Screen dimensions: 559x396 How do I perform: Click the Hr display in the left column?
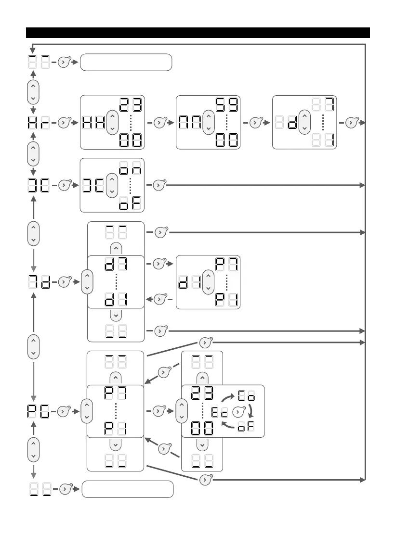pos(39,123)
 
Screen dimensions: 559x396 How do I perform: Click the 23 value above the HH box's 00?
pos(131,104)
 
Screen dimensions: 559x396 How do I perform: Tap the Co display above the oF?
pos(246,397)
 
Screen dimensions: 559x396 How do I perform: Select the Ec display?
pos(220,412)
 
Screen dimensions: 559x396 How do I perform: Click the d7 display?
pos(116,265)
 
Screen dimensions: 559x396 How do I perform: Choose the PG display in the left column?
pos(39,412)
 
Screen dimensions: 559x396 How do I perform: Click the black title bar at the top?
pos(198,33)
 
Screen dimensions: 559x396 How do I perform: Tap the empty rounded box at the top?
pos(126,63)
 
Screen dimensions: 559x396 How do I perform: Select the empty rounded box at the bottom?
pos(127,489)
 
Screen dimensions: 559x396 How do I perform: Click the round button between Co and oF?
pos(238,412)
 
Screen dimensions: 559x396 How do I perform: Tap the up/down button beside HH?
pos(112,123)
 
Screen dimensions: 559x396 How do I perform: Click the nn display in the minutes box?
pos(190,123)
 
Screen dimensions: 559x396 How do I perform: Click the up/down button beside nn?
pos(208,123)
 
